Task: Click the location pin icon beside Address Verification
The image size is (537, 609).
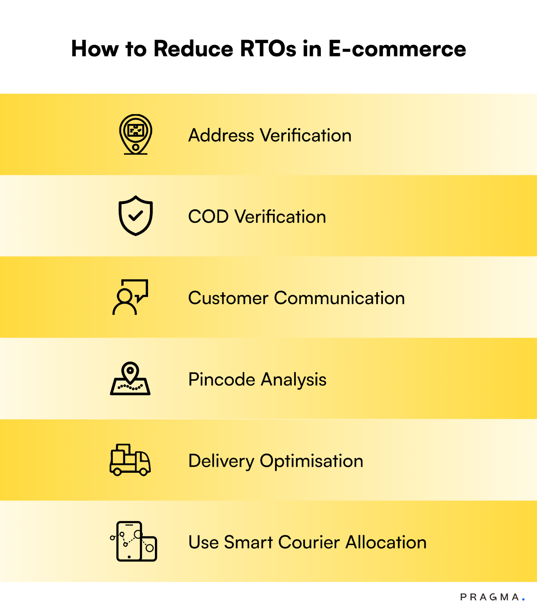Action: point(135,134)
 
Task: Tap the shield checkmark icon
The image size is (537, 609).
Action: point(135,216)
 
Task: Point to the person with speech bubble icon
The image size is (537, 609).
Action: point(130,297)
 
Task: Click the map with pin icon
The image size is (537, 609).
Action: point(130,379)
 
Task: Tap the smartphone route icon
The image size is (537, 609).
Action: point(134,541)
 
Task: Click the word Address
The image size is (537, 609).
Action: point(221,136)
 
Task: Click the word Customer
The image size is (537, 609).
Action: point(228,298)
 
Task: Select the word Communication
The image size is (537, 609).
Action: point(339,298)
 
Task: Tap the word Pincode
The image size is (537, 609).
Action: point(221,379)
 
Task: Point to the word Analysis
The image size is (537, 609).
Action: point(294,379)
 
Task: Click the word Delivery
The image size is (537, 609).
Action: point(221,461)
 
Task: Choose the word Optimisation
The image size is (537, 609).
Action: point(311,461)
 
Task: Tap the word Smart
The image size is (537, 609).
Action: point(248,542)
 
